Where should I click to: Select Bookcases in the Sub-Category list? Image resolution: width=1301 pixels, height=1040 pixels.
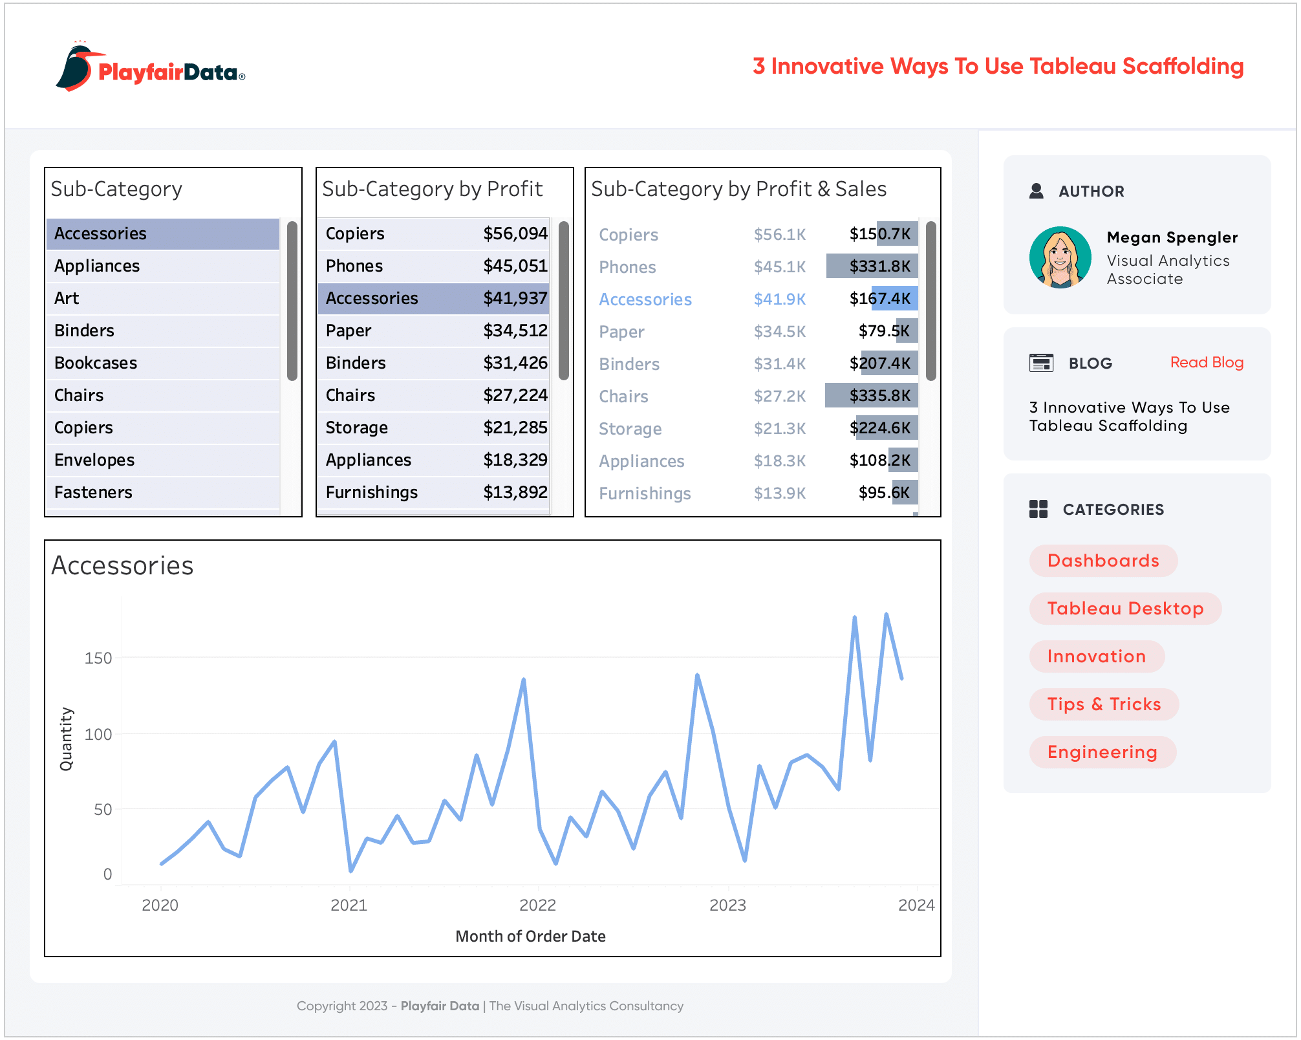pyautogui.click(x=96, y=363)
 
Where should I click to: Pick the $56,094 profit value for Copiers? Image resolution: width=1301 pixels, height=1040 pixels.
pyautogui.click(x=515, y=233)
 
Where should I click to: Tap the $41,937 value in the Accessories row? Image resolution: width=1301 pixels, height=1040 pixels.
pyautogui.click(x=515, y=298)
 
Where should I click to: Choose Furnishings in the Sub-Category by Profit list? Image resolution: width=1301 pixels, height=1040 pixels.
pyautogui.click(x=372, y=492)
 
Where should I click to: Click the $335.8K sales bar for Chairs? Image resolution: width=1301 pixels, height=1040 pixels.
pyautogui.click(x=871, y=395)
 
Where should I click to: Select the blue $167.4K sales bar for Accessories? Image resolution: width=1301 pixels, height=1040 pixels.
pyautogui.click(x=894, y=298)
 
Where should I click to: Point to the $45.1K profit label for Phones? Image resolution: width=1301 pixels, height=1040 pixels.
pyautogui.click(x=780, y=266)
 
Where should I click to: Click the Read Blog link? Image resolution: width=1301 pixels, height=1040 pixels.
pyautogui.click(x=1206, y=362)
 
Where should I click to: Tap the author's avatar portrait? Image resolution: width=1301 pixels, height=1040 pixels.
pyautogui.click(x=1060, y=257)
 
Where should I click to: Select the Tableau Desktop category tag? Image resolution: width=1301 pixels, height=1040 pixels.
pyautogui.click(x=1124, y=609)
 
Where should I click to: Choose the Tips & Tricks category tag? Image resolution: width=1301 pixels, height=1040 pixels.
pyautogui.click(x=1103, y=704)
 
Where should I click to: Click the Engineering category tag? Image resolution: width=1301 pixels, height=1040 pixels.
pyautogui.click(x=1102, y=752)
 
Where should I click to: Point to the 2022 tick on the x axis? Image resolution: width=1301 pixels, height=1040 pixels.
pyautogui.click(x=537, y=905)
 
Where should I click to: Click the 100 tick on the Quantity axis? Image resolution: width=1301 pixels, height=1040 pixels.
pyautogui.click(x=98, y=734)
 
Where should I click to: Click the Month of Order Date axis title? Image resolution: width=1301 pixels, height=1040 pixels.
pyautogui.click(x=530, y=936)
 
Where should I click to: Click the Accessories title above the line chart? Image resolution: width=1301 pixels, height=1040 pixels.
pyautogui.click(x=122, y=565)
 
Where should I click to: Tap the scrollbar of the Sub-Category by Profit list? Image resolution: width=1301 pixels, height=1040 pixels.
pyautogui.click(x=564, y=301)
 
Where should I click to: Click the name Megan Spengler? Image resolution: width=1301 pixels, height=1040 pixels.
pyautogui.click(x=1172, y=237)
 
